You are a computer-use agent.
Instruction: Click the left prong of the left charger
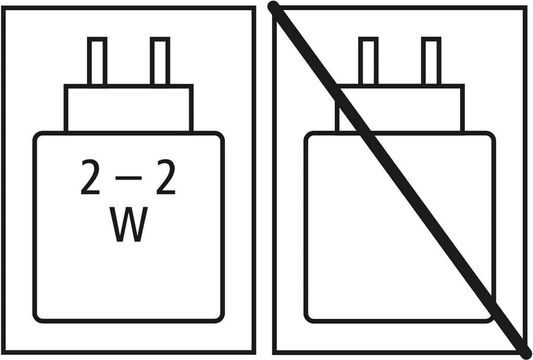[97, 61]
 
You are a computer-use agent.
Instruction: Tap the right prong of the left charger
[160, 61]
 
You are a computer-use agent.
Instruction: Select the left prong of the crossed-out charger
[368, 61]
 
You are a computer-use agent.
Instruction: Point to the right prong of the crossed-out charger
[431, 61]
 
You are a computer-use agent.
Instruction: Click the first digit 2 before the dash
[91, 178]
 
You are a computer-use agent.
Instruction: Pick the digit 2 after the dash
[166, 178]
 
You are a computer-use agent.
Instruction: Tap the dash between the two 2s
[128, 178]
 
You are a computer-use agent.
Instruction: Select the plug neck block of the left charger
[129, 108]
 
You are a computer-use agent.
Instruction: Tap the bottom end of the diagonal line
[522, 353]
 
